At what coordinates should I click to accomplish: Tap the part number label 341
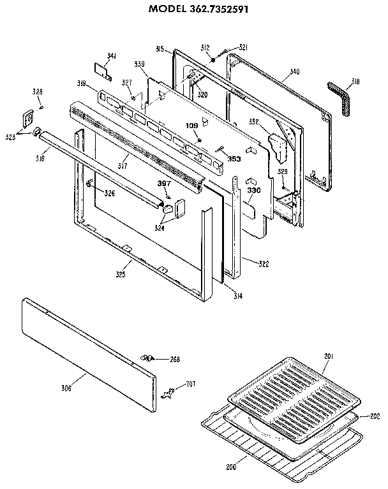112,57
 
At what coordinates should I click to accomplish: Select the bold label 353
234,158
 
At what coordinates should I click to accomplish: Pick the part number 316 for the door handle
40,157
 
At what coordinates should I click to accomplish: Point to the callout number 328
38,93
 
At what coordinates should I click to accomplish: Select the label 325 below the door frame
120,275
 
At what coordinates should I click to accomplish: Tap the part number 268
175,360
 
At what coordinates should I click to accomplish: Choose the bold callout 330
253,191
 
